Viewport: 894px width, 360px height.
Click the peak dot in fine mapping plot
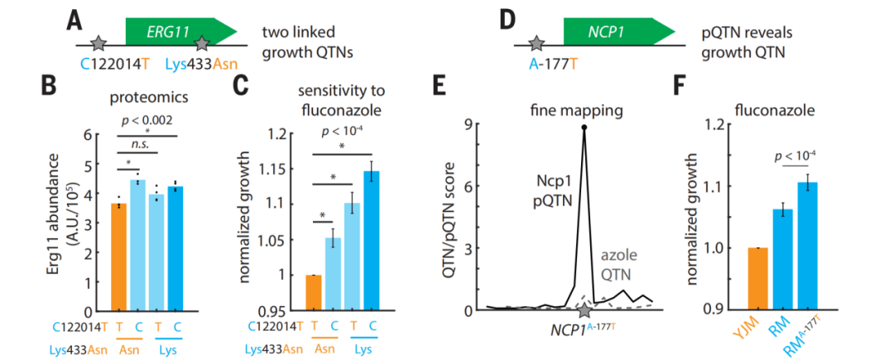click(585, 127)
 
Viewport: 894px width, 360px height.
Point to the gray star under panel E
click(585, 310)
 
